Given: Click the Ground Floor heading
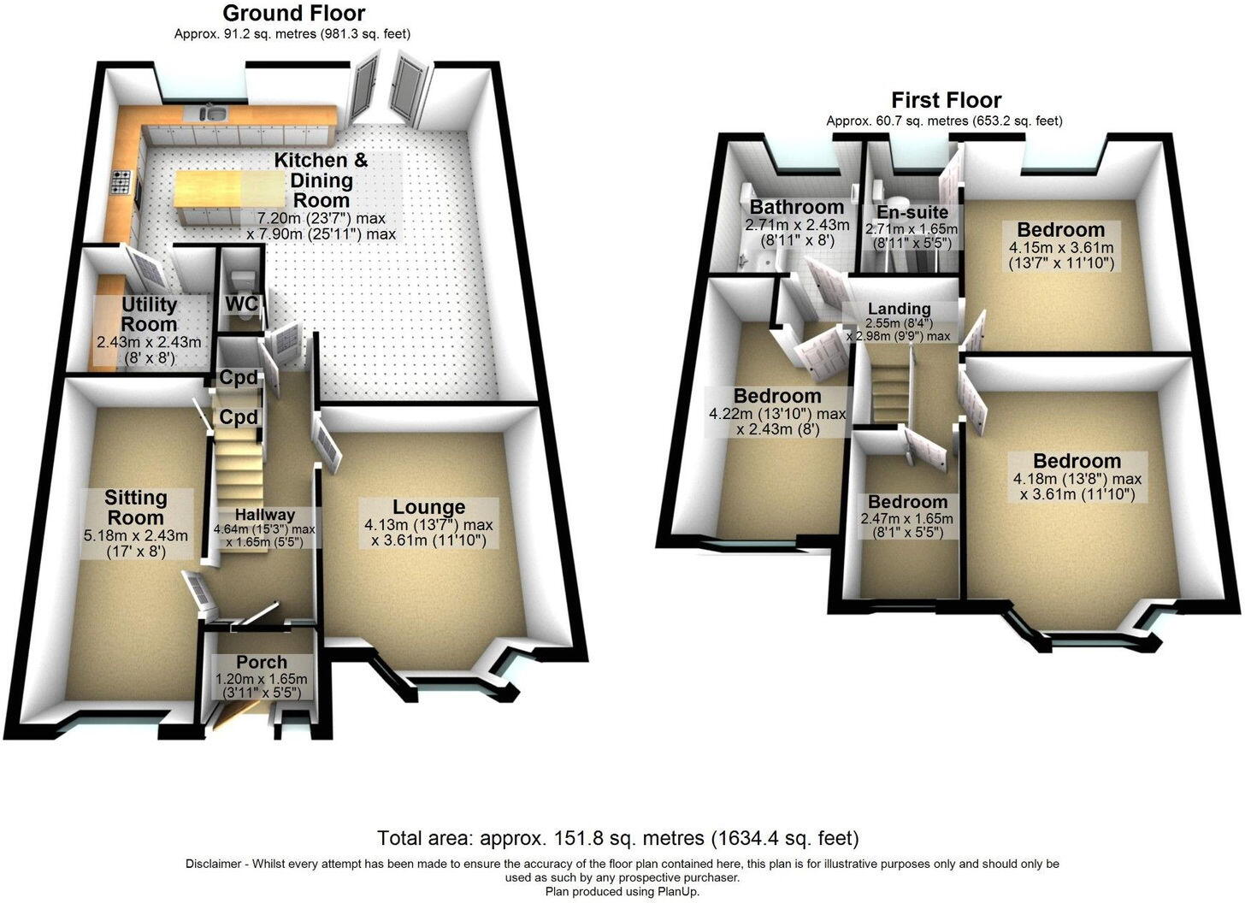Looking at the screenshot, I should [293, 14].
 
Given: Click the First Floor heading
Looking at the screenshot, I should [946, 100].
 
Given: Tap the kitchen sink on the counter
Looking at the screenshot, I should [212, 113].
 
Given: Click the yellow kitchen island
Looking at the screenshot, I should [209, 188].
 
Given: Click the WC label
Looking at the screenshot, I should [241, 304].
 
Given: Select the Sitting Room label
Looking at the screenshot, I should [135, 508].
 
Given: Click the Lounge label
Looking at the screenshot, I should [428, 507].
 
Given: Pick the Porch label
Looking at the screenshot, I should [262, 662].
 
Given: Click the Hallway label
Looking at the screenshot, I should [264, 515].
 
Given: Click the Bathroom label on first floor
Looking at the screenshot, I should [797, 207].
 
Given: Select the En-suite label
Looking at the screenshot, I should [912, 212].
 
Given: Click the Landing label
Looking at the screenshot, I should [899, 309].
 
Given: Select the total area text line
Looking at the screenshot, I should [617, 838].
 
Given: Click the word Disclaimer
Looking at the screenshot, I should [214, 864].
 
